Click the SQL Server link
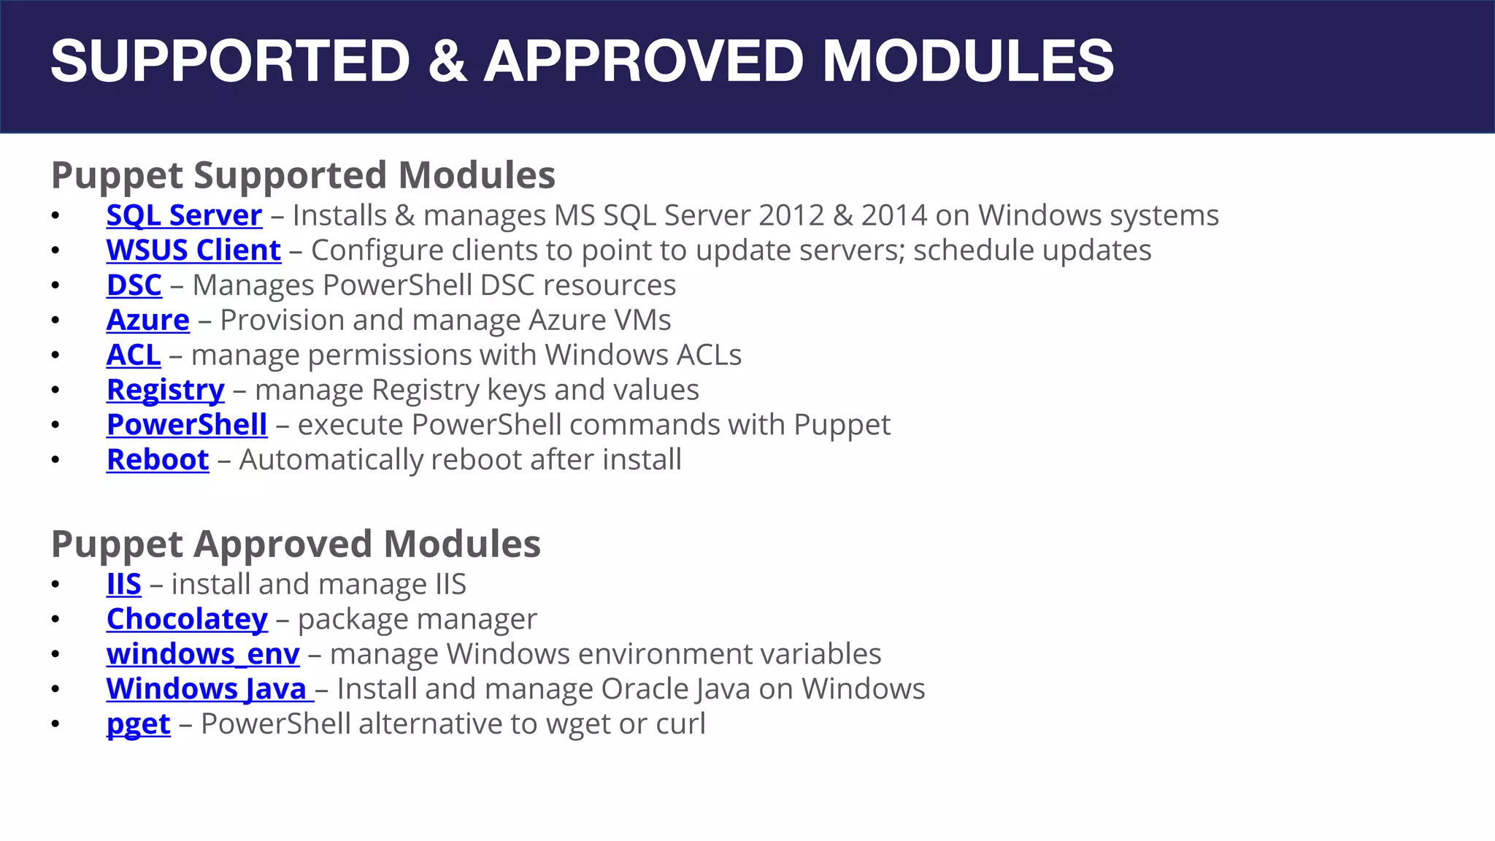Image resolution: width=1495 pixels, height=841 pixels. tap(184, 215)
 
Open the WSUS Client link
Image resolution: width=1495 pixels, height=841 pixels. tap(193, 250)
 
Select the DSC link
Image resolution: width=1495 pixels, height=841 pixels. tap(134, 285)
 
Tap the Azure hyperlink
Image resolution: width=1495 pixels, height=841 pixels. tap(148, 320)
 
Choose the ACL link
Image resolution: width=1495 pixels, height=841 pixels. tap(134, 356)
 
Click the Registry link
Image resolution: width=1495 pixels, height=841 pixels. tap(166, 391)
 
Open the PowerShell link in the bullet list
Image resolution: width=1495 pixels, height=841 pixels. tap(187, 425)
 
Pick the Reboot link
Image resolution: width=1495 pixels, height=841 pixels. tap(158, 460)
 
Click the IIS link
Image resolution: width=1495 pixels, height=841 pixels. tap(124, 585)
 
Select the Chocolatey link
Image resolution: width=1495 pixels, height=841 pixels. tap(187, 620)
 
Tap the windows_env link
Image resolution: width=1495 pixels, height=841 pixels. tap(203, 654)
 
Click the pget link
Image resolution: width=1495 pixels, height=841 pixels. tap(139, 724)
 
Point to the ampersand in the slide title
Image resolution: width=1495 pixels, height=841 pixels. tap(447, 61)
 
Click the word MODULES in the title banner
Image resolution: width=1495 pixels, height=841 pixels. tap(968, 61)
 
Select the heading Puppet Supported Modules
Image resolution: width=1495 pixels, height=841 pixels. tap(303, 175)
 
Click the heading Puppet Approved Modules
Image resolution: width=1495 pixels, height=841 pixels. tap(296, 544)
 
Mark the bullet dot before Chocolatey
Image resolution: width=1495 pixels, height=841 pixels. tap(55, 620)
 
